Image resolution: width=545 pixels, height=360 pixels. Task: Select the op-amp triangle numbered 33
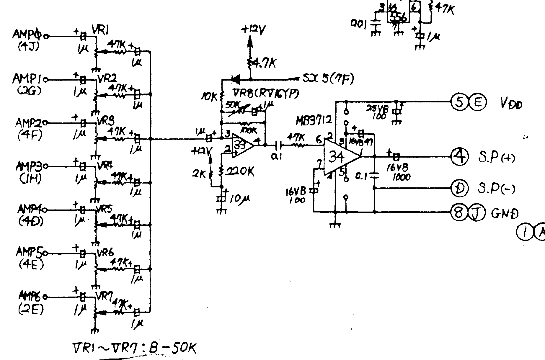pos(241,145)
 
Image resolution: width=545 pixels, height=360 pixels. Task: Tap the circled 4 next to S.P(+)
pos(459,157)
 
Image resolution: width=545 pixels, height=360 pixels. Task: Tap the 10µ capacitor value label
pos(239,199)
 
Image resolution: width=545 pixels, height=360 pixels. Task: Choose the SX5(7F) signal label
pos(328,79)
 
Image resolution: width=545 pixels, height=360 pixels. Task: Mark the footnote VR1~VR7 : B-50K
pos(134,348)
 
